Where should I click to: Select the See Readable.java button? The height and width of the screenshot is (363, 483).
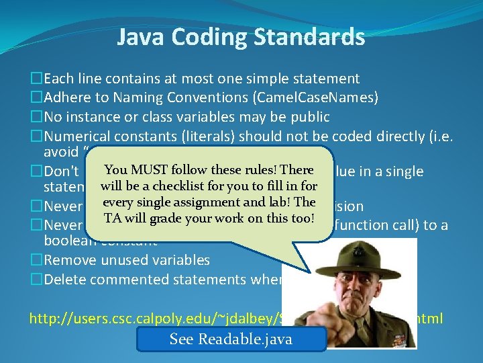[231, 339]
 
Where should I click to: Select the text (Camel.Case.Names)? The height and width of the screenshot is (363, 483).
[315, 98]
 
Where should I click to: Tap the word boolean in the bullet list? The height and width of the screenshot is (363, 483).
[68, 240]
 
